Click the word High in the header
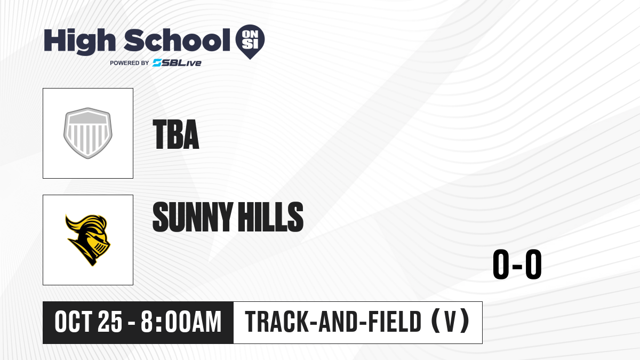(79, 42)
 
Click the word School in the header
(177, 40)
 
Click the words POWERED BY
(130, 63)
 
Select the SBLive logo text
(177, 62)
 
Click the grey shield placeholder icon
(87, 133)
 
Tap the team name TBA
(175, 134)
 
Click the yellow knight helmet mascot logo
(88, 240)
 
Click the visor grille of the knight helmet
(100, 249)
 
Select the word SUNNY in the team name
(192, 217)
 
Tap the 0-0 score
(517, 264)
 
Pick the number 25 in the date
(110, 322)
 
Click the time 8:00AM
(181, 322)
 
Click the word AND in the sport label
(338, 322)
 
